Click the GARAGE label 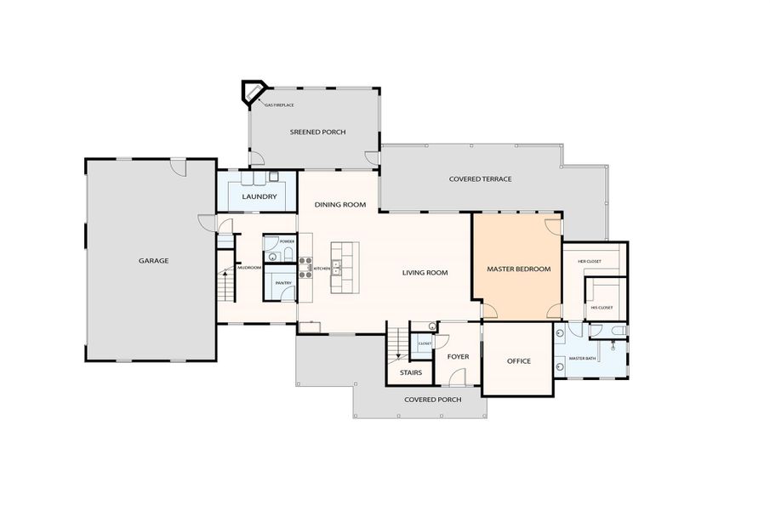[x=154, y=261]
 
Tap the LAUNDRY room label [x=260, y=197]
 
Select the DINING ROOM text [x=340, y=205]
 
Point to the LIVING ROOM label [x=425, y=273]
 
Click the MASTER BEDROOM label [x=518, y=269]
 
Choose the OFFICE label [x=519, y=361]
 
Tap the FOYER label [x=459, y=357]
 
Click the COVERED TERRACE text [x=480, y=179]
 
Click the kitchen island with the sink [x=345, y=267]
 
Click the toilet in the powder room [x=273, y=254]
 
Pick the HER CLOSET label [x=590, y=262]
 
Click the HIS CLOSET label [x=602, y=308]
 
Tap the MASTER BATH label [x=583, y=358]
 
